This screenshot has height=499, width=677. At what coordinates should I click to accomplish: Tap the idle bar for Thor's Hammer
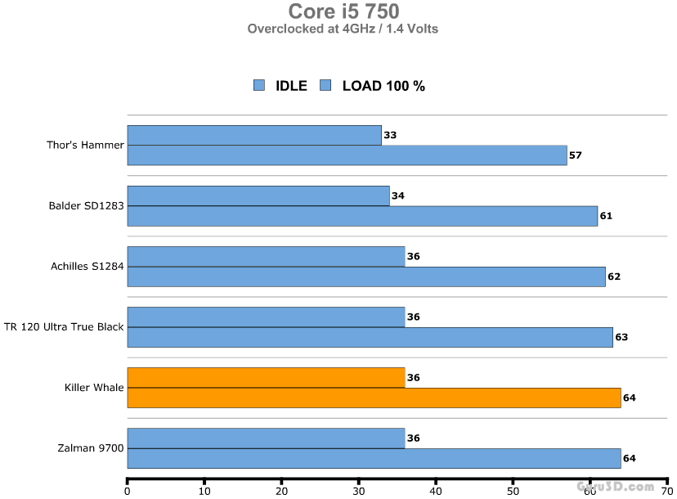[254, 135]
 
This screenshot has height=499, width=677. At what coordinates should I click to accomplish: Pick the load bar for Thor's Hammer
[347, 155]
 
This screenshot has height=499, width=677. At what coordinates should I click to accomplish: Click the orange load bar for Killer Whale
[374, 398]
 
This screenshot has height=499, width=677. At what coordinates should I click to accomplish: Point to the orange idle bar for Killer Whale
[266, 377]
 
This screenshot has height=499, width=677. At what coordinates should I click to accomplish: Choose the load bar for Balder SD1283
[362, 216]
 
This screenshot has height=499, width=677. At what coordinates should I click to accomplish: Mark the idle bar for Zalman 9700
[266, 438]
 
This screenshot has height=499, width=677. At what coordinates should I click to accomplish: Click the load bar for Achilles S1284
[366, 276]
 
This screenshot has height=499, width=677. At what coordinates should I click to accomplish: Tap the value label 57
[575, 155]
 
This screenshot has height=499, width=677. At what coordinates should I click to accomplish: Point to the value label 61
[606, 216]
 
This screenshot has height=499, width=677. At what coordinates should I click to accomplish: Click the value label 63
[621, 337]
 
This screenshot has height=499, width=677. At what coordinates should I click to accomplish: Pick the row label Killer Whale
[94, 388]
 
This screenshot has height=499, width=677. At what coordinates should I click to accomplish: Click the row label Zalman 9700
[91, 448]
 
